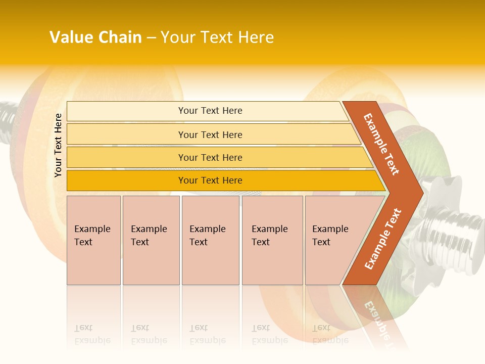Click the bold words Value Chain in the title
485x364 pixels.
pyautogui.click(x=95, y=37)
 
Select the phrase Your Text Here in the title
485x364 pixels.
pyautogui.click(x=217, y=37)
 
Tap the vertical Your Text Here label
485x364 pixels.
pyautogui.click(x=58, y=145)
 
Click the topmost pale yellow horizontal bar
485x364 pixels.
pyautogui.click(x=207, y=111)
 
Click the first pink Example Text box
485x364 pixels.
pyautogui.click(x=93, y=240)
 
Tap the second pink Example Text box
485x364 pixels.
pyautogui.click(x=151, y=240)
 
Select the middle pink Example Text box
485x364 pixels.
pyautogui.click(x=210, y=240)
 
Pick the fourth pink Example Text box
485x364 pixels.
pyautogui.click(x=272, y=240)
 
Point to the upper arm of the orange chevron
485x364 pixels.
pyautogui.click(x=382, y=144)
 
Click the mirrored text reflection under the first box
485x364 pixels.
pyautogui.click(x=92, y=334)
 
